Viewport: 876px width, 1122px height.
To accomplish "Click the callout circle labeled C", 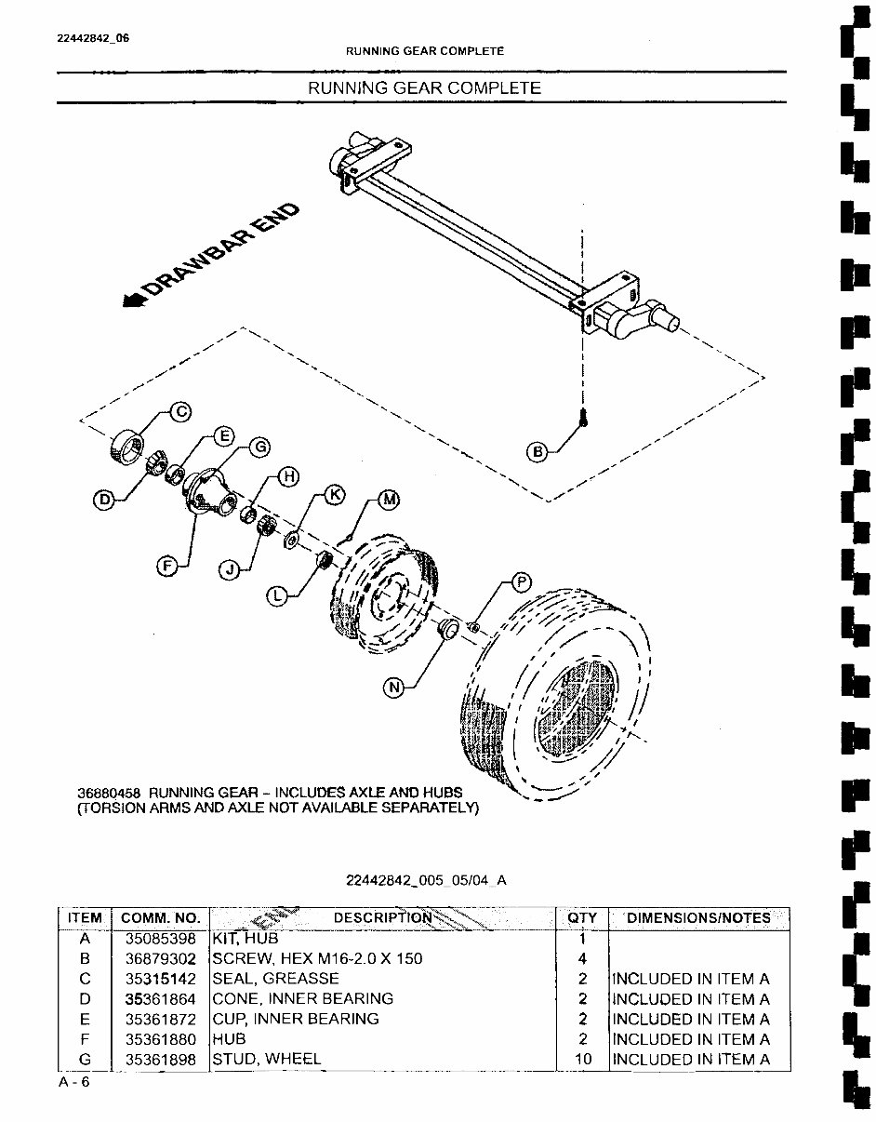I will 179,411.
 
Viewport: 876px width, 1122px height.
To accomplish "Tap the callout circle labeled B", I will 538,452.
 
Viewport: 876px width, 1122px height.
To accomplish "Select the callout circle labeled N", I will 394,688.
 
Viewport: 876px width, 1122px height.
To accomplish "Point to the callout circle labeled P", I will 522,583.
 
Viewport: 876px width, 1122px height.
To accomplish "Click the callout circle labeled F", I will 167,565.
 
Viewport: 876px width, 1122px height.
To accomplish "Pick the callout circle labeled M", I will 389,500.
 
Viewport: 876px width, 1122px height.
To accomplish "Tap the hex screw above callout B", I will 582,418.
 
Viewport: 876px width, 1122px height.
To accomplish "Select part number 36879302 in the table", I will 161,958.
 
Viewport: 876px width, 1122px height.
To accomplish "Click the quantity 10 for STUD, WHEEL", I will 582,1059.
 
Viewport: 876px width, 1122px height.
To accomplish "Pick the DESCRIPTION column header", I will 382,918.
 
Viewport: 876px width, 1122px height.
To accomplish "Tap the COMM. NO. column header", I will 161,918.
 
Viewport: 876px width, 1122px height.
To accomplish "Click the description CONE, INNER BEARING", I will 303,998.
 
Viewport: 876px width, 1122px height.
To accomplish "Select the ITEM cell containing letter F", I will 85,1039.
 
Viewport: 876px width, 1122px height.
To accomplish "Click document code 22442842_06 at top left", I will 93,38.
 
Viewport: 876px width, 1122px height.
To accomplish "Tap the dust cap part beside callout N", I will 447,628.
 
